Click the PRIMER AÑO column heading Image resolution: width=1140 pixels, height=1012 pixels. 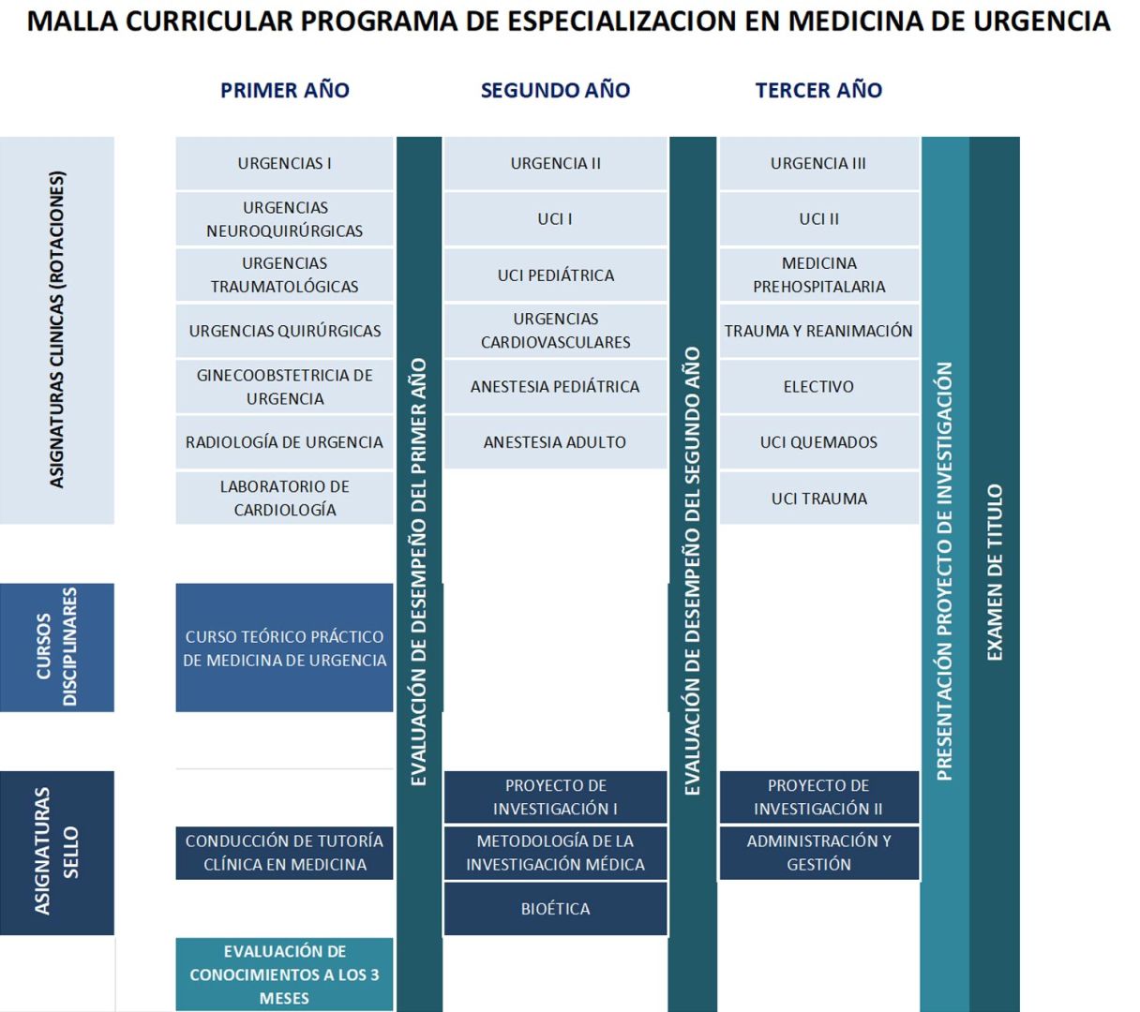(284, 90)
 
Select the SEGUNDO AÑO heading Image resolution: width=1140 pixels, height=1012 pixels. (555, 90)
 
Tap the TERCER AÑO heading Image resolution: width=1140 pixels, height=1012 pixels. (818, 90)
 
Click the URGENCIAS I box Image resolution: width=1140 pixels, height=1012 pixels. (284, 163)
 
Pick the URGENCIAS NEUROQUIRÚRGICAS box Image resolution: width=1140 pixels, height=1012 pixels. (284, 219)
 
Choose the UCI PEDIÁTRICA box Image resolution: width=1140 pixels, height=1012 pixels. (555, 275)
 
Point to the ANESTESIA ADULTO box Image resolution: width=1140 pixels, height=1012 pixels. (555, 442)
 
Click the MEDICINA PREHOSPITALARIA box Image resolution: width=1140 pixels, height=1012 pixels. (818, 275)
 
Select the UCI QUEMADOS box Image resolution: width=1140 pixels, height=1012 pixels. (818, 442)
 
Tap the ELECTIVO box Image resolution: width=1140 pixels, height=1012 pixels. (818, 386)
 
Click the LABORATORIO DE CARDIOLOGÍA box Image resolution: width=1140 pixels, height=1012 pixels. (284, 498)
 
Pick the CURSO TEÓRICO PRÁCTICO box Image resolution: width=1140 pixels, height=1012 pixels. (284, 647)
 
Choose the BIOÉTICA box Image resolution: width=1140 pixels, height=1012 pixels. (555, 908)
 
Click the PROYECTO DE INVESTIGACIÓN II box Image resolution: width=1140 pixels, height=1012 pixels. (818, 796)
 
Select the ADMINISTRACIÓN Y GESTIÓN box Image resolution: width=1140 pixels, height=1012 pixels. (818, 853)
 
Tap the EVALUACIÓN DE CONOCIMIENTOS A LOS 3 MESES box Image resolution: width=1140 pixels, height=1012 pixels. (284, 975)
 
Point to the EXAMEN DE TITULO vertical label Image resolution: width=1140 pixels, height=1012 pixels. (995, 572)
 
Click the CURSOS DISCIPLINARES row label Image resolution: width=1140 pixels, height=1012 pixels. (57, 647)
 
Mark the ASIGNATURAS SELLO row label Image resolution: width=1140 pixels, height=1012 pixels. (57, 852)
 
